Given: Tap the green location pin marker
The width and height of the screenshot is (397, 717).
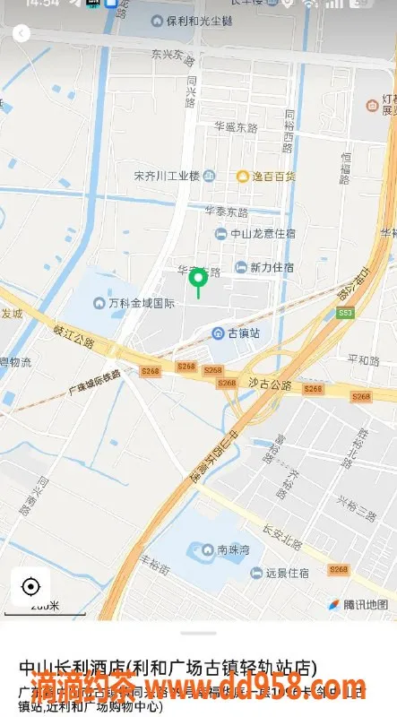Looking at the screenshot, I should (x=198, y=280).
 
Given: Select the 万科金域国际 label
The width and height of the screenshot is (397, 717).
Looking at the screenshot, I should (x=134, y=303).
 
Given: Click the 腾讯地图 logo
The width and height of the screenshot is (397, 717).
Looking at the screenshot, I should (x=358, y=604).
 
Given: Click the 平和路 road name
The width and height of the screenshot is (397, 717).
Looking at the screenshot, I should (x=363, y=359).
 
